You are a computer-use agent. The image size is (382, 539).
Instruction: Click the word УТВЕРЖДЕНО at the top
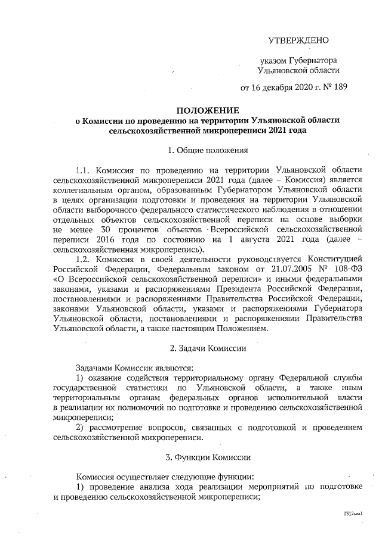click(x=298, y=40)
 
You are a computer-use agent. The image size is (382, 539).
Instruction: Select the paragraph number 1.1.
click(x=85, y=169)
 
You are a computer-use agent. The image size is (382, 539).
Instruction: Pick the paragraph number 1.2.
click(x=85, y=258)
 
